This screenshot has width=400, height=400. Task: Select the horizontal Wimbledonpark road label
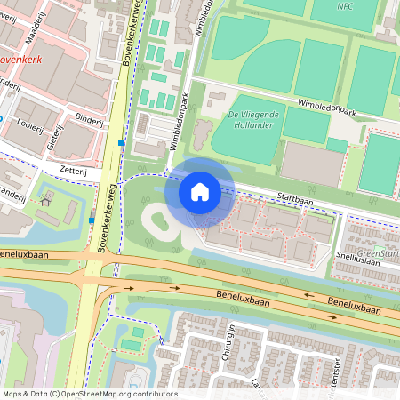tap(326, 108)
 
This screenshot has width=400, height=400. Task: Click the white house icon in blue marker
tap(200, 191)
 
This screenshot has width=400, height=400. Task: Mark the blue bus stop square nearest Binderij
tap(121, 143)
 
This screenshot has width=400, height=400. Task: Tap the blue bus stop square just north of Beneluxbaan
tap(92, 220)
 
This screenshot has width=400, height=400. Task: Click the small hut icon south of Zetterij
tap(45, 201)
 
